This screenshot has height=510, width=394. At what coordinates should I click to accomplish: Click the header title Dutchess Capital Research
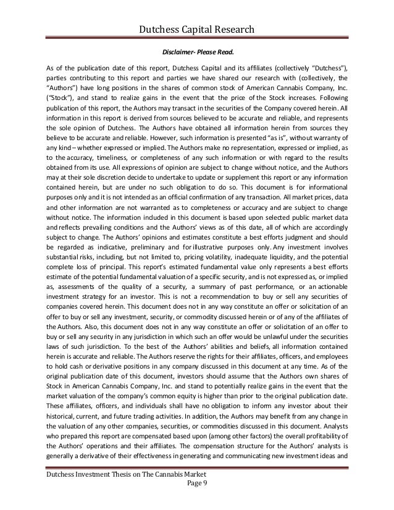197,28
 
